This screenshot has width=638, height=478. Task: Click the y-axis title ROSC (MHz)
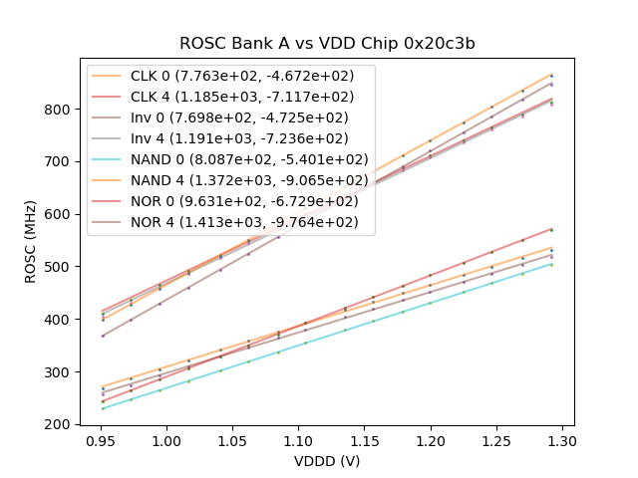pos(31,242)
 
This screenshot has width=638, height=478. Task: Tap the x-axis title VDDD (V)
pos(327,461)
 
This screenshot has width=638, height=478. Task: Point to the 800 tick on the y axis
pos(61,109)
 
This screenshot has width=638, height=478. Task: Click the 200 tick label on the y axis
pos(61,424)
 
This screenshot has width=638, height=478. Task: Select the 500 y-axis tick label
pos(61,267)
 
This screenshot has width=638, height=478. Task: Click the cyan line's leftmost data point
pos(102,408)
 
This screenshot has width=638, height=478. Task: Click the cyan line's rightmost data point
pos(551,264)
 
